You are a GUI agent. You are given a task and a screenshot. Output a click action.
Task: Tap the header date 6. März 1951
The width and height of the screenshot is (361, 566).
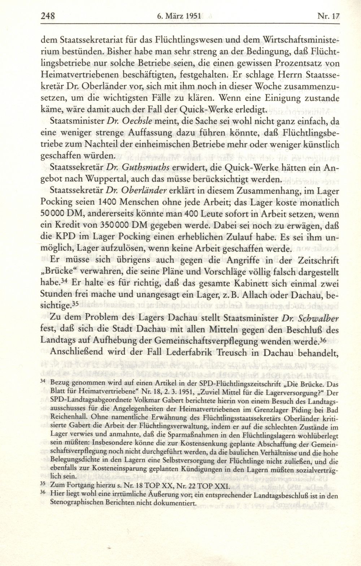[179, 16]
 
